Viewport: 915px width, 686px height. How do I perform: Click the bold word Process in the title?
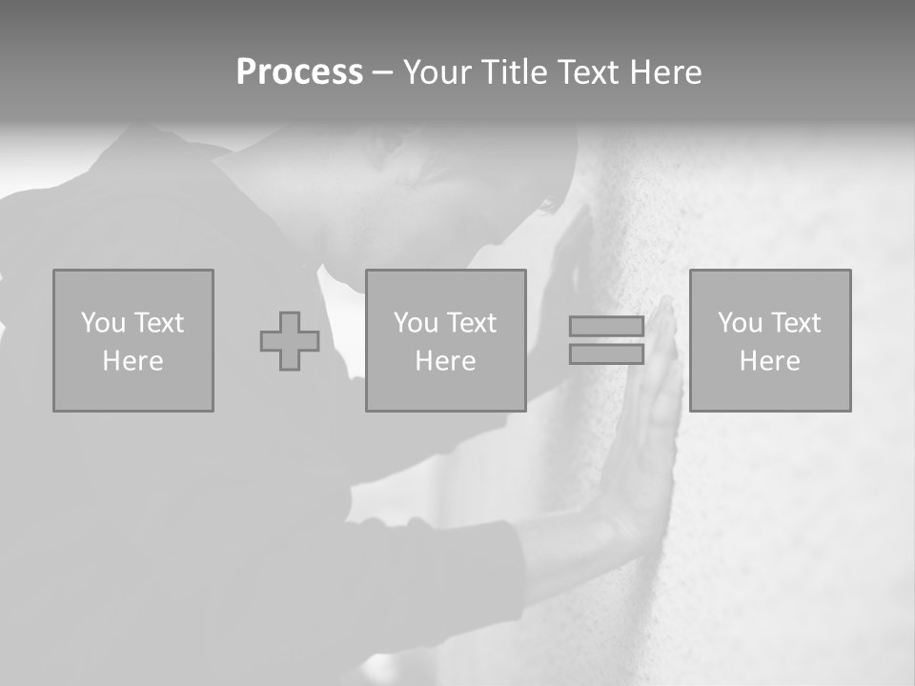[299, 72]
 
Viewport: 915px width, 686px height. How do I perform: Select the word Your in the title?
[437, 72]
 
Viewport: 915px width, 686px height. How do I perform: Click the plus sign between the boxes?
[290, 341]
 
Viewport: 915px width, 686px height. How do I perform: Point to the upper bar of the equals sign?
[606, 327]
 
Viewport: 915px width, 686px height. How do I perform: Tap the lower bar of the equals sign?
[606, 353]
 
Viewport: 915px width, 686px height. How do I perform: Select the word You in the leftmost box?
[103, 323]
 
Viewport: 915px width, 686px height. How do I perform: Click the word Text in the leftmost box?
[158, 323]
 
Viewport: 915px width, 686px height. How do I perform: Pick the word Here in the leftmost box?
[132, 361]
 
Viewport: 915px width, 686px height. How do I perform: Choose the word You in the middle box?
[416, 323]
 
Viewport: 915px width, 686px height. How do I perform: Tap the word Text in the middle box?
[471, 323]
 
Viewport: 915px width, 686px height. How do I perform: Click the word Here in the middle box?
[445, 361]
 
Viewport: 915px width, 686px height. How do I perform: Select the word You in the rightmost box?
[740, 323]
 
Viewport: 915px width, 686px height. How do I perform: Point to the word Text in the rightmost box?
[795, 323]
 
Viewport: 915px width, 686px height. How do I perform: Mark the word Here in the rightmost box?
[769, 361]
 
